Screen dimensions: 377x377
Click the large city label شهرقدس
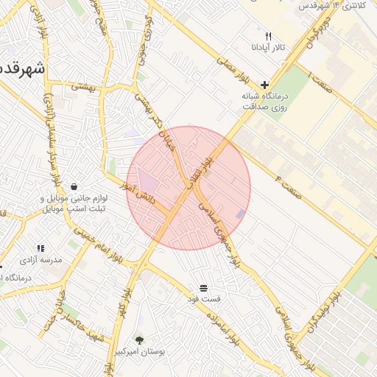[22, 68]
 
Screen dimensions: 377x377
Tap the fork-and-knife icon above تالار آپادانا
[269, 35]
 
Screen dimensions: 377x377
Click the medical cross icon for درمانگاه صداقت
[264, 84]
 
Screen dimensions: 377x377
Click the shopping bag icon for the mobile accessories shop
[74, 187]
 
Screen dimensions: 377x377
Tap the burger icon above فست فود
[203, 286]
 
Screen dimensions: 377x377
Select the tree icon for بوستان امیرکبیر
[139, 340]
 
